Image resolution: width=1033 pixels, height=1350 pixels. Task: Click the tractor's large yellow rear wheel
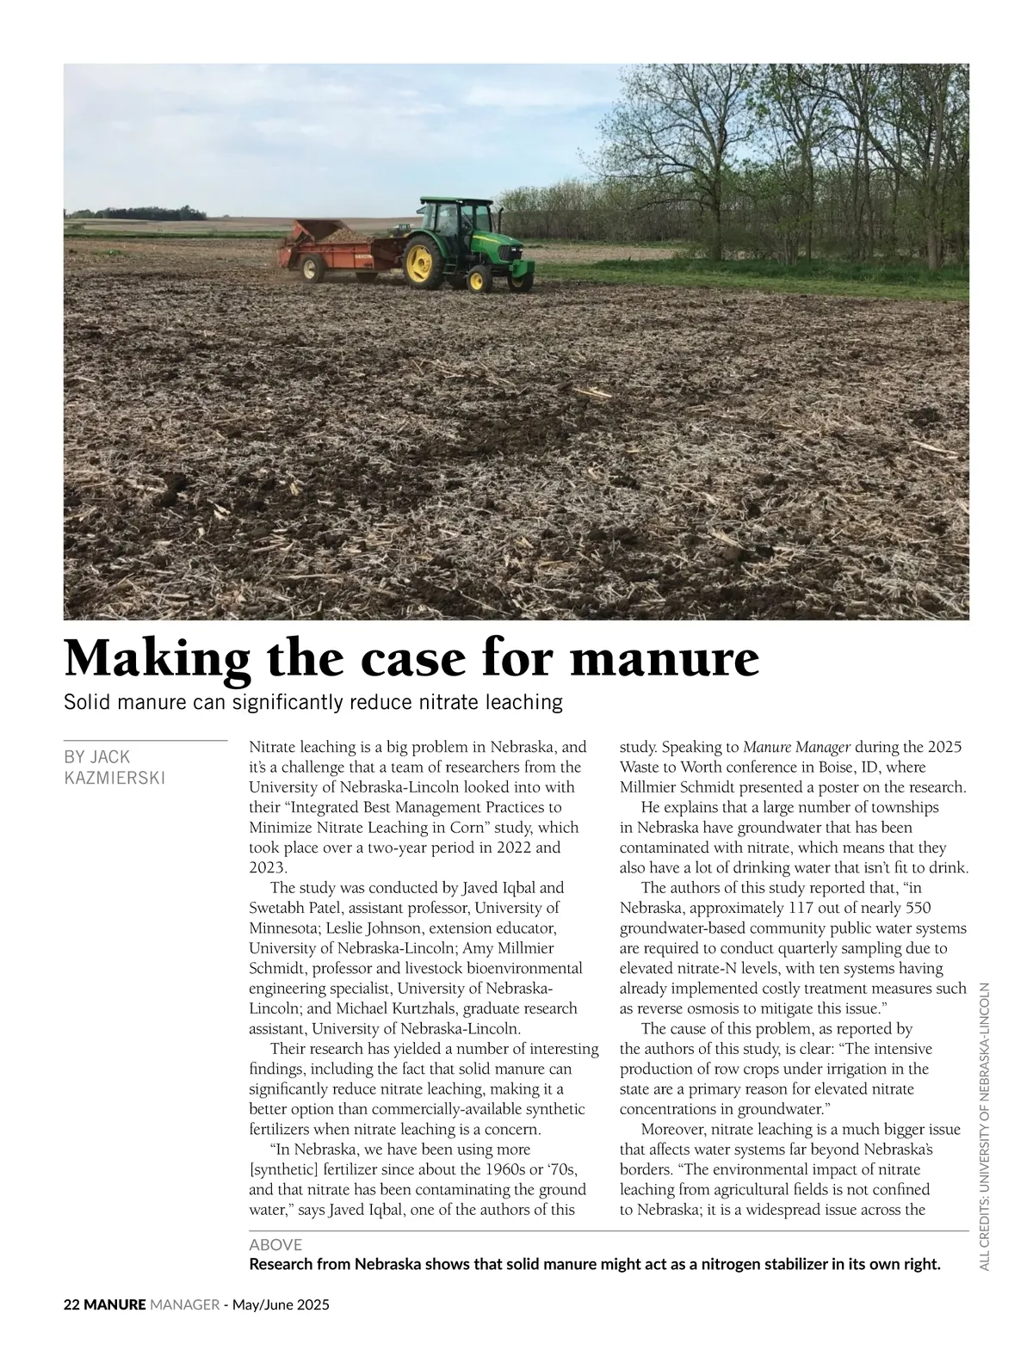point(420,260)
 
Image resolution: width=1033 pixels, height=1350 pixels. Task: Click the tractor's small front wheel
point(475,278)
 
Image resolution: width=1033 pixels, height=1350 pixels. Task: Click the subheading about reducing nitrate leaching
point(313,702)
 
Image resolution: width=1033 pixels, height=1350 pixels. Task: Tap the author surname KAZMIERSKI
point(114,778)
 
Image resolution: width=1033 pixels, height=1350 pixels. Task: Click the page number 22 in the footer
point(72,1304)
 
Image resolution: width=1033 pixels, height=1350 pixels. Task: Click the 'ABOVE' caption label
point(275,1244)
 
